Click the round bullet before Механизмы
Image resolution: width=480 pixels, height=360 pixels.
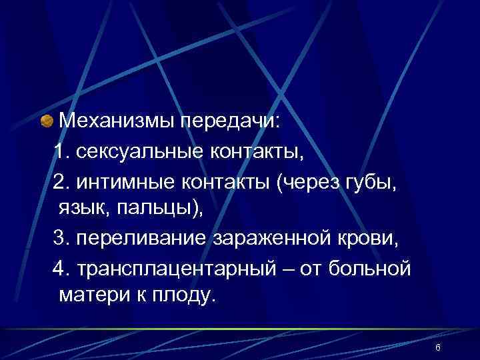click(46, 122)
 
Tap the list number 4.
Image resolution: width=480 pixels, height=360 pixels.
click(59, 267)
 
